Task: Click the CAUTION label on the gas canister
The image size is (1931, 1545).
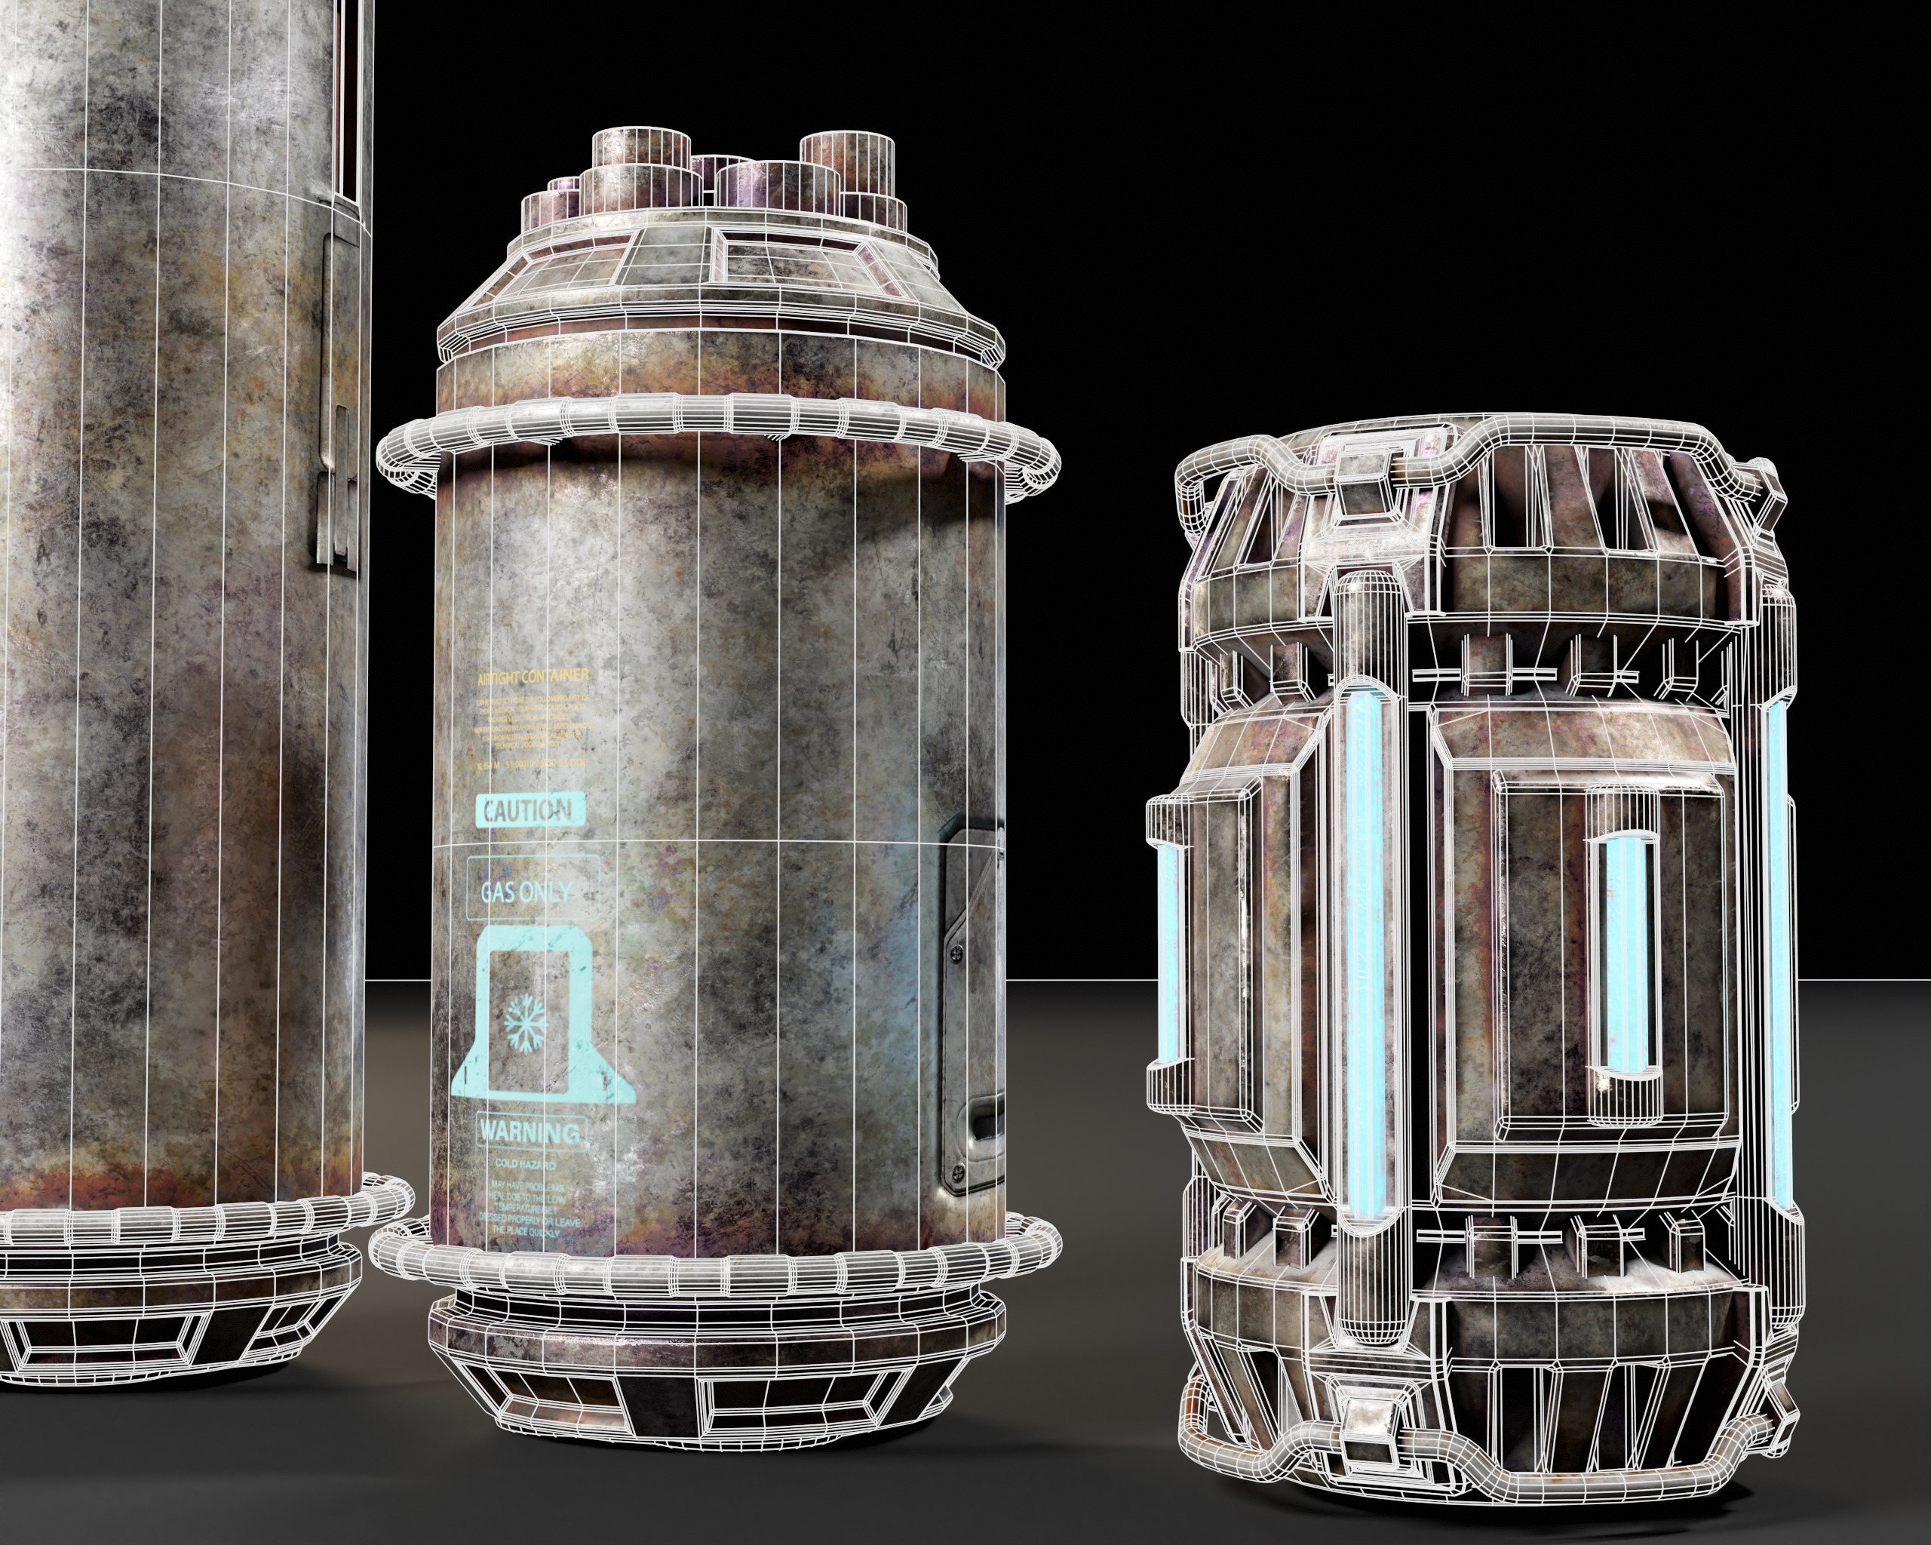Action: click(530, 812)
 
